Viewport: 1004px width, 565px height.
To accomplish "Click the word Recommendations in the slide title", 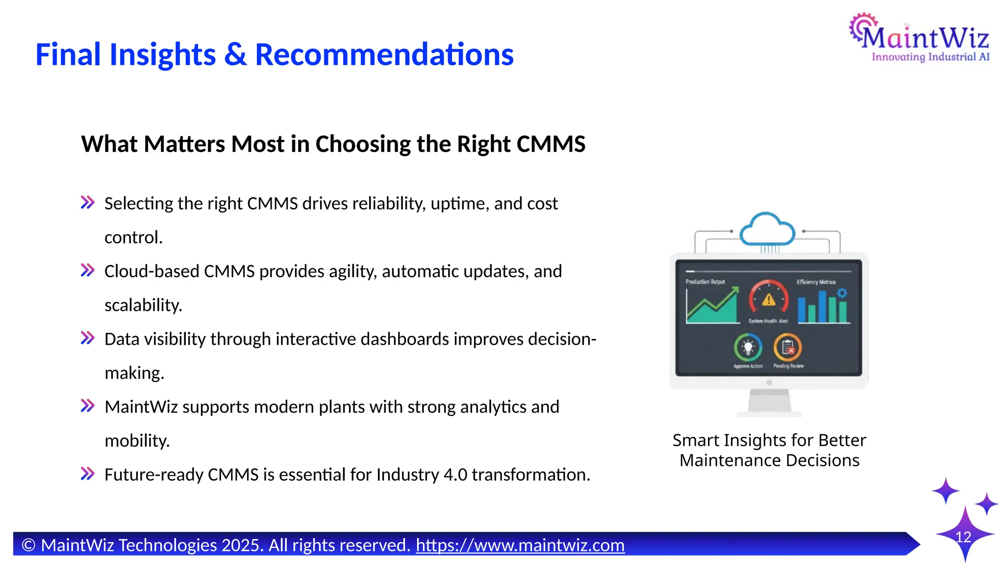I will (384, 54).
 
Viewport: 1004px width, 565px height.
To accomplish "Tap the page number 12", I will (963, 537).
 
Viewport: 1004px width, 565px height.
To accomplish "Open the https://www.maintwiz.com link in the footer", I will (520, 545).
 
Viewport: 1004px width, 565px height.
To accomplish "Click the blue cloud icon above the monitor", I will (767, 230).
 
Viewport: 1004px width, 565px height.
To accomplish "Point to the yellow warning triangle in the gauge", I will (769, 299).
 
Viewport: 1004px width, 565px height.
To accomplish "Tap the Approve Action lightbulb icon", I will (748, 347).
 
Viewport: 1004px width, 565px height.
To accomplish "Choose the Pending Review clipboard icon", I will (787, 347).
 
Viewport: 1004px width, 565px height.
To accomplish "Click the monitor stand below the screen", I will (769, 402).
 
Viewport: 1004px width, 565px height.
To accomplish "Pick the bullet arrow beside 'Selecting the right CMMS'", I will (88, 203).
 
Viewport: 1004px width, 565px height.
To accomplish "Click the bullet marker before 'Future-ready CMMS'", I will (88, 474).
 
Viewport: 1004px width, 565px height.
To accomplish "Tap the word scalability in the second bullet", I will (143, 305).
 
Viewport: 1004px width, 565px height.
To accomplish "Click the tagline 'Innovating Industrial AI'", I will (930, 57).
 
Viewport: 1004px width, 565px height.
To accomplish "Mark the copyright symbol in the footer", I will (29, 545).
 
